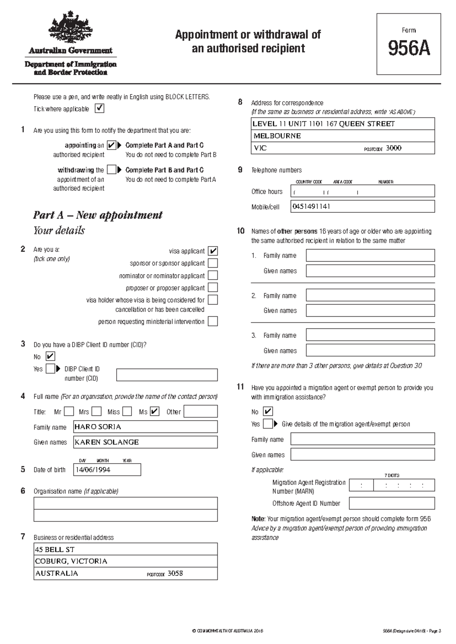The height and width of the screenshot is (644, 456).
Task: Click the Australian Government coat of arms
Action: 70,28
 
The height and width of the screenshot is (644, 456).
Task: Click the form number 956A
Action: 408,49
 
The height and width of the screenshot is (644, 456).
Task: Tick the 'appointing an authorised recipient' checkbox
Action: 111,145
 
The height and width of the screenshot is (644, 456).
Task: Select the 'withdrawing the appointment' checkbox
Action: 111,169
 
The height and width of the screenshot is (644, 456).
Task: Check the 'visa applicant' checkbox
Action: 213,251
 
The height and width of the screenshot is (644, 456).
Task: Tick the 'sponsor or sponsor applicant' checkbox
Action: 213,263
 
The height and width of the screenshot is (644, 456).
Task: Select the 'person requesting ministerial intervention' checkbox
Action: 213,322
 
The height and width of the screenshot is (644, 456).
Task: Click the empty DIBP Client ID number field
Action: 167,375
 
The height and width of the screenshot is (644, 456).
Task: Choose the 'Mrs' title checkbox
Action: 97,412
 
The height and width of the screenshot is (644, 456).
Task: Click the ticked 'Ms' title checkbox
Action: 155,412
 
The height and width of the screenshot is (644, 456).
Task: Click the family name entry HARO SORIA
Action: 98,427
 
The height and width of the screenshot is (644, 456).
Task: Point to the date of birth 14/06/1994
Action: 93,470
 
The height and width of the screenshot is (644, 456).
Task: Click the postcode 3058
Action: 175,573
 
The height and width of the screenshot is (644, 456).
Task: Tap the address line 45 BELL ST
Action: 55,549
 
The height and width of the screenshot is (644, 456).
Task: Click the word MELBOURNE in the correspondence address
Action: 277,136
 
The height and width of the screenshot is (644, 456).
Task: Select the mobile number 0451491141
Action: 311,207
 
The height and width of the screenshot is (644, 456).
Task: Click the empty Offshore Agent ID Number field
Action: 391,504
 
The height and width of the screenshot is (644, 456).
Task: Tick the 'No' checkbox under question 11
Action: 268,412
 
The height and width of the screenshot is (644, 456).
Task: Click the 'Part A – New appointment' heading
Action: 98,215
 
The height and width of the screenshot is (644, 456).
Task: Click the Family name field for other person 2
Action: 370,295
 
